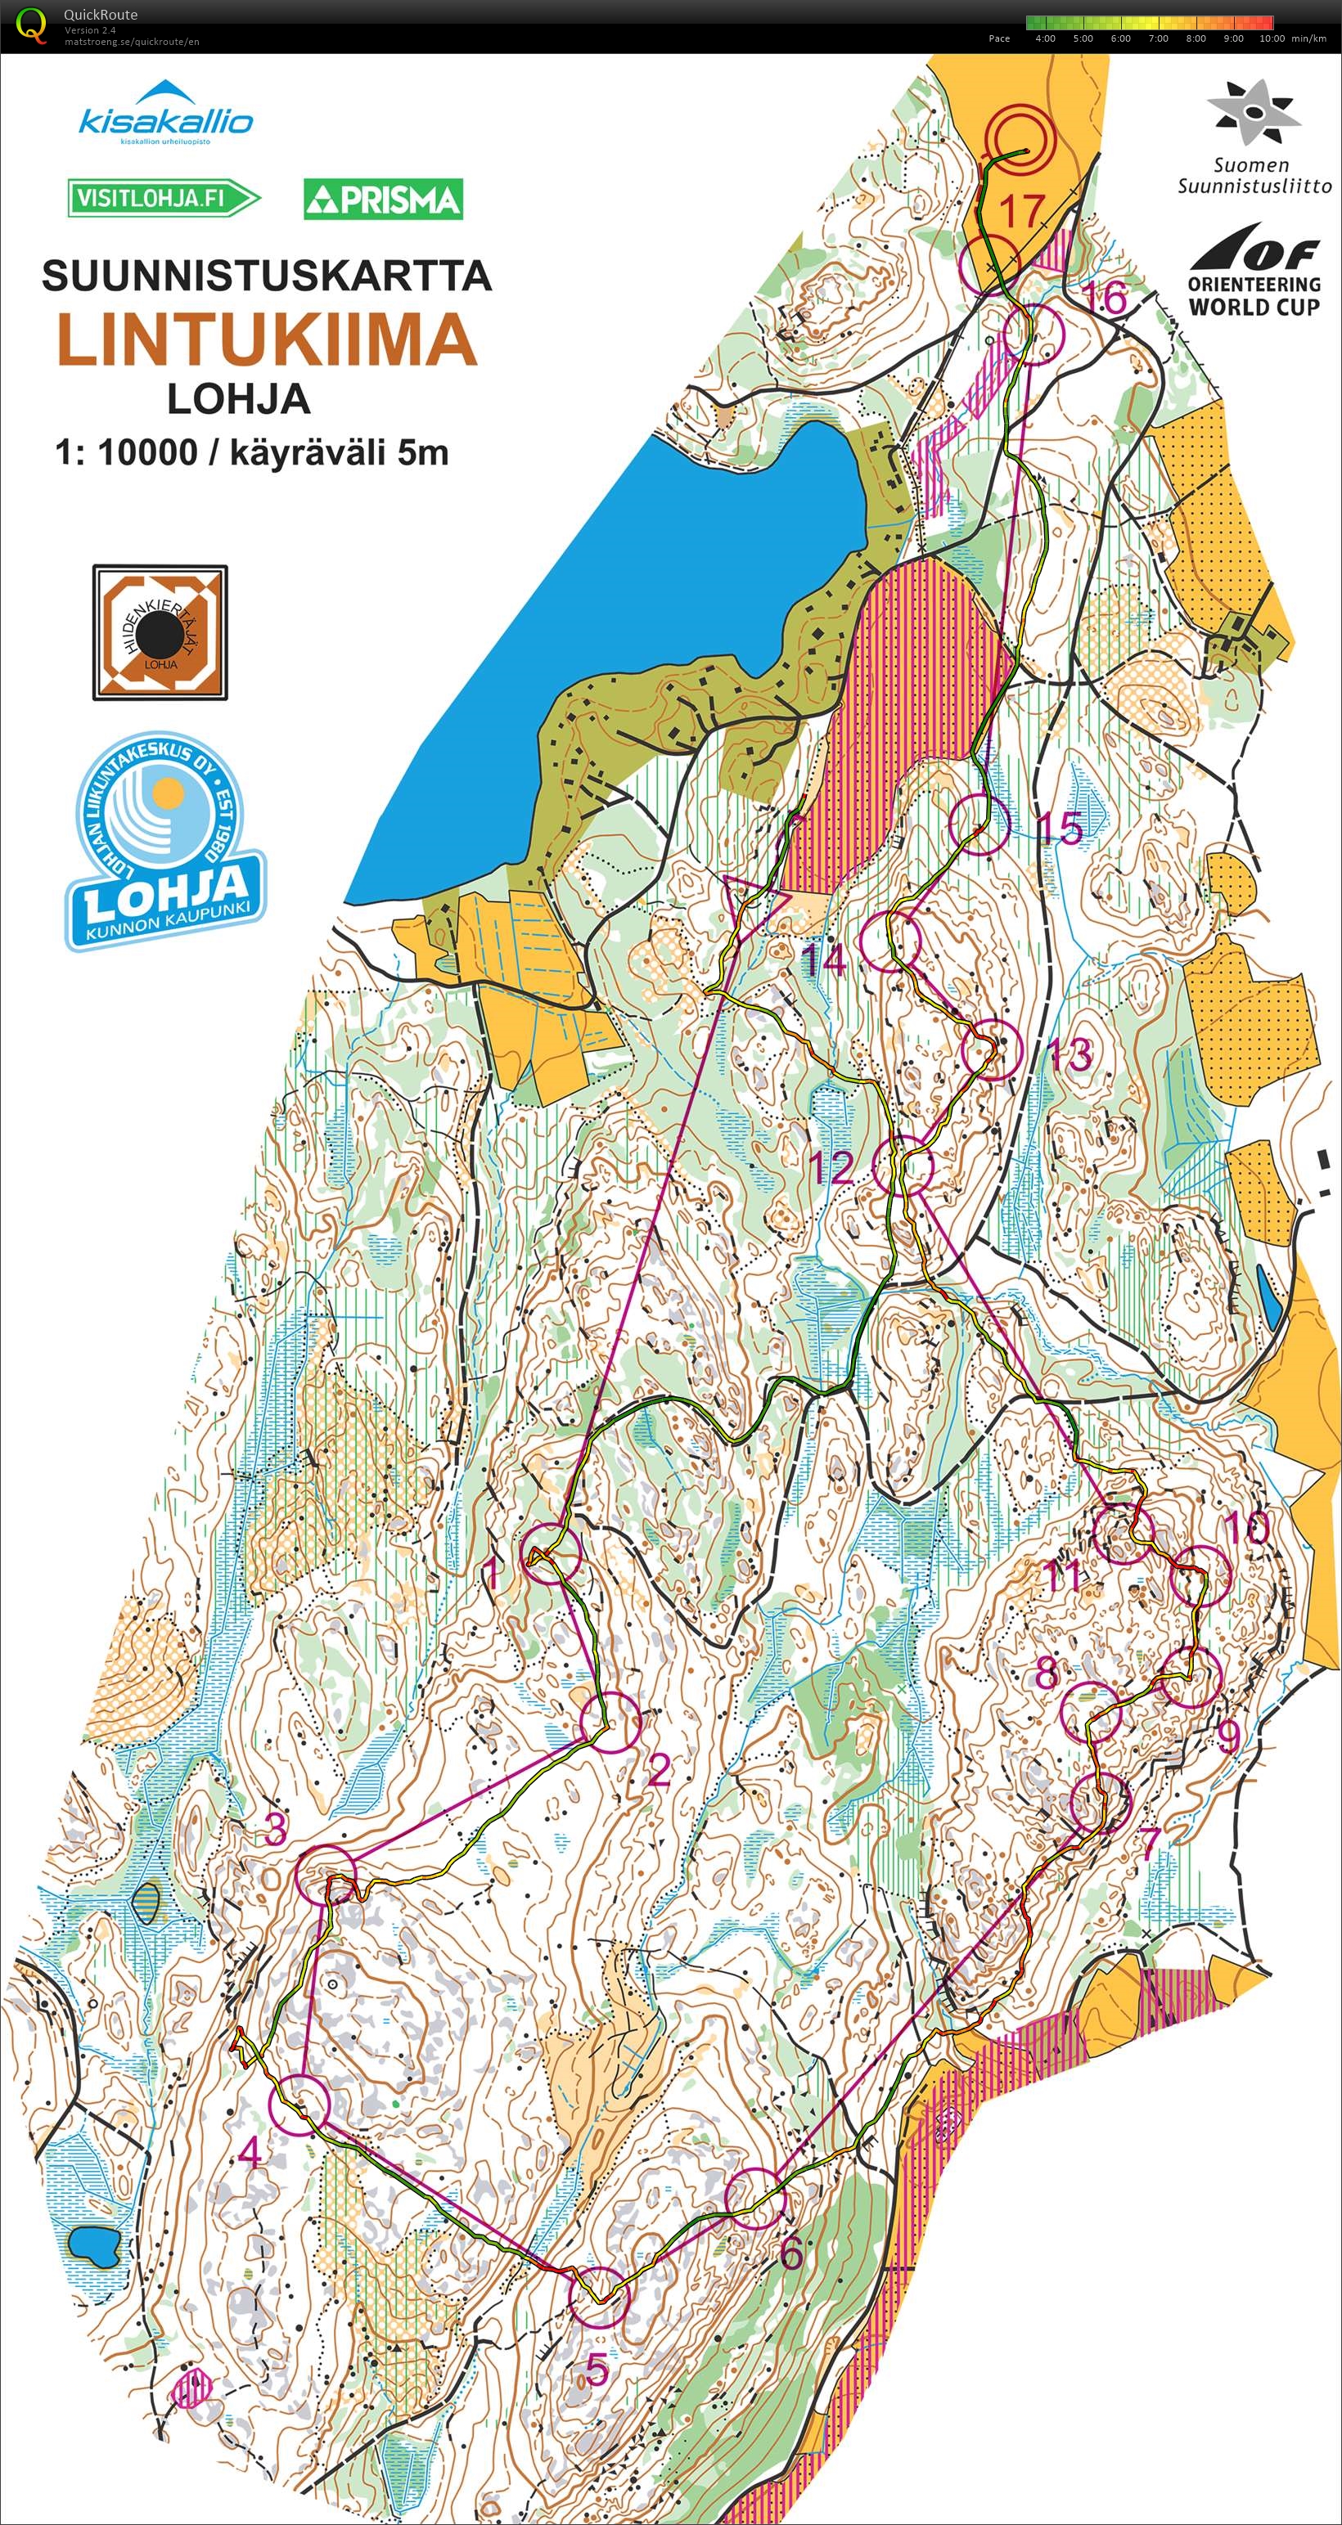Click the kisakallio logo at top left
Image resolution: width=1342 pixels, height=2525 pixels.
click(x=164, y=113)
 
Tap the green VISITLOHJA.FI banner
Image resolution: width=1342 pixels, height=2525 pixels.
click(x=162, y=199)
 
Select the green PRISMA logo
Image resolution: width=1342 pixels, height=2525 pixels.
click(x=383, y=199)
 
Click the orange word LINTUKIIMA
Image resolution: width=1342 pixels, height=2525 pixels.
click(x=267, y=339)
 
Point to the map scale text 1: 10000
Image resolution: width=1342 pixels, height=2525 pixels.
click(x=125, y=453)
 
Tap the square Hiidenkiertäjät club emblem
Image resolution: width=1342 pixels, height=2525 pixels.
click(x=160, y=632)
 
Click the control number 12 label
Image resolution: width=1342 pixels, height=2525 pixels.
click(x=831, y=1167)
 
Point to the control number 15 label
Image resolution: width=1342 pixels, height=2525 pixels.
click(x=1060, y=829)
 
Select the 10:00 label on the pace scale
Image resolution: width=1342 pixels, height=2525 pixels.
click(x=1272, y=39)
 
